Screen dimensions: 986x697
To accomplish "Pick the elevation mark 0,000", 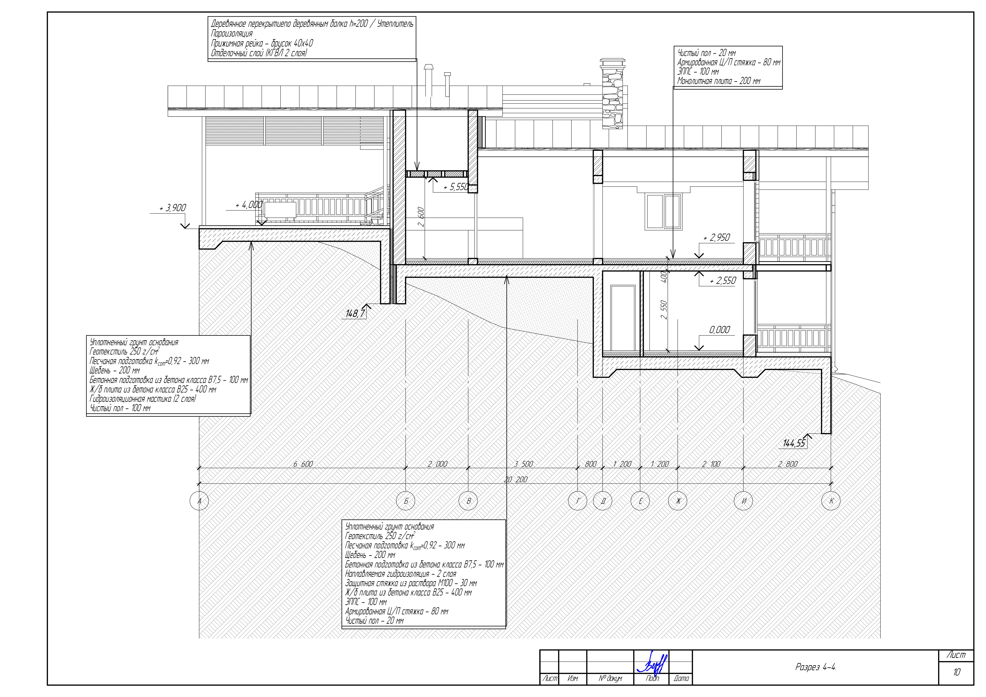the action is pyautogui.click(x=719, y=330).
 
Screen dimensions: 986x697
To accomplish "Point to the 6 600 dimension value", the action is pyautogui.click(x=303, y=464).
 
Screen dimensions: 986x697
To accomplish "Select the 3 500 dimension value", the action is pyautogui.click(x=523, y=464).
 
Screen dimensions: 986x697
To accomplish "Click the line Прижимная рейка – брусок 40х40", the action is pyautogui.click(x=262, y=43).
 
